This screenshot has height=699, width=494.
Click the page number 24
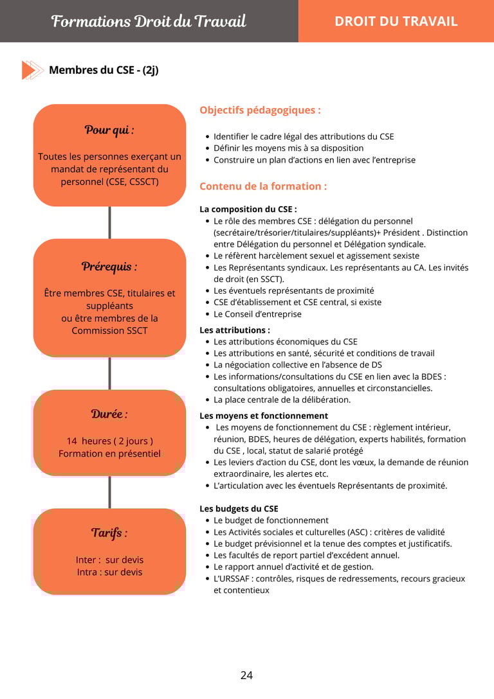[246, 675]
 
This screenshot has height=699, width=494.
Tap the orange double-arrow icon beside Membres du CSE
[32, 70]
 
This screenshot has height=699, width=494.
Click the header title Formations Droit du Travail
[149, 21]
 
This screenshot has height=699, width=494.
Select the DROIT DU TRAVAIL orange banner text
[396, 21]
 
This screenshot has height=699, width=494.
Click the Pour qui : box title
[109, 130]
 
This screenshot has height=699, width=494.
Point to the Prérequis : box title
[109, 267]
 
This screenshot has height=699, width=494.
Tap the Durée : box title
[109, 414]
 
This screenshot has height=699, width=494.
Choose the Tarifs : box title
[109, 533]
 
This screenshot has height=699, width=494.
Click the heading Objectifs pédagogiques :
[260, 110]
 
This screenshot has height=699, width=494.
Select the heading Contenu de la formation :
[263, 186]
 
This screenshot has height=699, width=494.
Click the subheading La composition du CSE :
[248, 209]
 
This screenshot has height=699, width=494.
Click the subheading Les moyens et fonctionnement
[264, 416]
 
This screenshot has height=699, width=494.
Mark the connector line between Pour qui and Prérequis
[109, 222]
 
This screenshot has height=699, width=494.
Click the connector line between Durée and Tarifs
[109, 492]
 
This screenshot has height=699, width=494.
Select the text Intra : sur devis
[109, 572]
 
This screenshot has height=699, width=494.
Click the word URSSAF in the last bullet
[234, 579]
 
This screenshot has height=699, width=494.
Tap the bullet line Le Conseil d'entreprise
[257, 314]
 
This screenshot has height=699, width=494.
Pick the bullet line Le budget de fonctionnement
[271, 520]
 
